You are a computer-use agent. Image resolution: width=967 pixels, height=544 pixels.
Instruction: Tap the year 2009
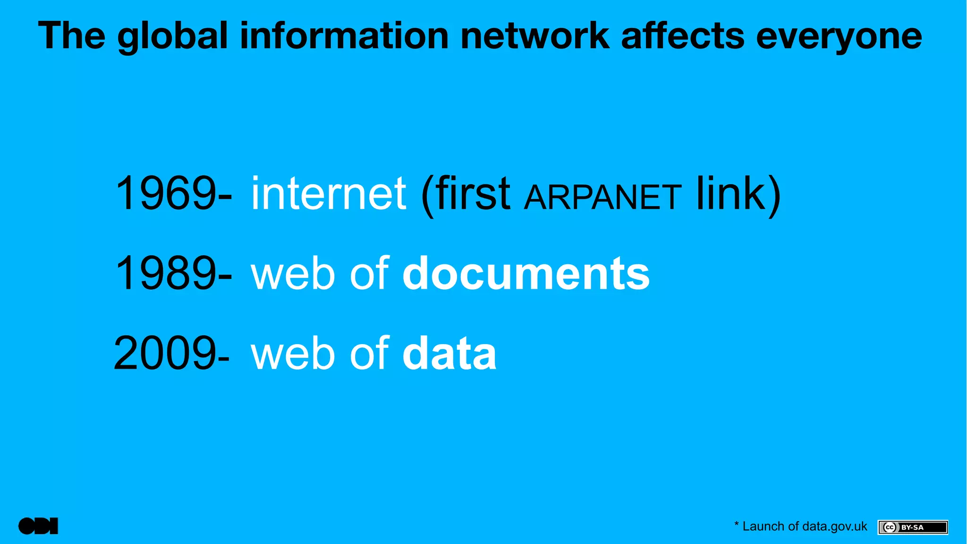click(165, 354)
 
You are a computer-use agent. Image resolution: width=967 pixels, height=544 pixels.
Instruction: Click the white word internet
click(328, 194)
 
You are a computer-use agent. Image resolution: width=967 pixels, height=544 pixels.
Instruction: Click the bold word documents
click(526, 274)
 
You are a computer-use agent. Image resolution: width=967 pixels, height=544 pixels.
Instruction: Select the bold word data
click(449, 354)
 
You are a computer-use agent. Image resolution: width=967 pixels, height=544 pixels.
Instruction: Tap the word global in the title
click(173, 36)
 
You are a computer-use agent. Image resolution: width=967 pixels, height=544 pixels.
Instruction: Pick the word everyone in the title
click(839, 36)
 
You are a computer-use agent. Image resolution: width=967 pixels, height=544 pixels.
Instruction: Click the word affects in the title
click(683, 36)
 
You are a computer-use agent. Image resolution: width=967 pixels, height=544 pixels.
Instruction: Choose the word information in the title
click(344, 36)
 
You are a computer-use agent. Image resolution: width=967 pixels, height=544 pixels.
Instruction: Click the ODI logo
click(38, 526)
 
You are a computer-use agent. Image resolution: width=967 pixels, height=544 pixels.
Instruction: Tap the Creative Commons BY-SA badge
click(913, 527)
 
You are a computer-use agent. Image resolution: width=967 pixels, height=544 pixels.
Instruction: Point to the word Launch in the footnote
click(763, 527)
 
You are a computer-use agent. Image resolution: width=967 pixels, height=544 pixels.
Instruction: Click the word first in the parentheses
click(472, 194)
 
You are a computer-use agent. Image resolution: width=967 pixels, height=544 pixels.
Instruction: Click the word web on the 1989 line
click(293, 274)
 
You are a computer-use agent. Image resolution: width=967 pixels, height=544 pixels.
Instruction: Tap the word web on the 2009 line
click(293, 354)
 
